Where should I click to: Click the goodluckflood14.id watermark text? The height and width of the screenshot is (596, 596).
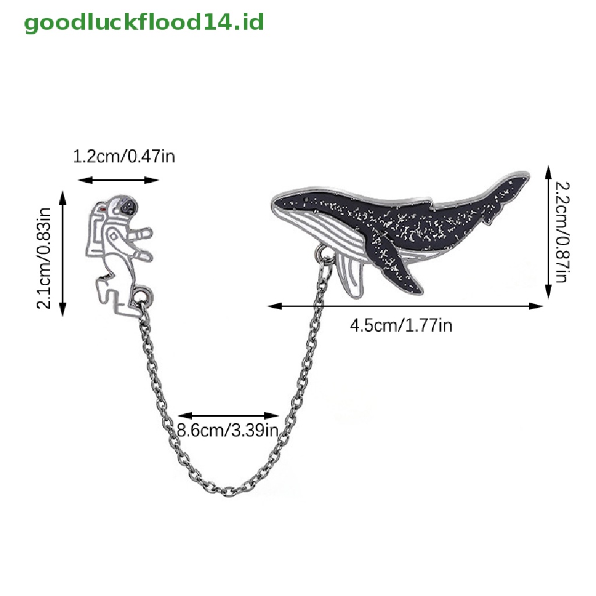144,23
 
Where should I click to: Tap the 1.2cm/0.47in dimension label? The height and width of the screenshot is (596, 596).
123,157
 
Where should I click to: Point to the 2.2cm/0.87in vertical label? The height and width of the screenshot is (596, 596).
560,232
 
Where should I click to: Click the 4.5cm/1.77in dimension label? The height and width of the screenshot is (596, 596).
400,325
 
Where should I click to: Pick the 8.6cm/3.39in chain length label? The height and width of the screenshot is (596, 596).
227,431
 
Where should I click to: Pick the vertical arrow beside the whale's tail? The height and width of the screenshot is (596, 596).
548,232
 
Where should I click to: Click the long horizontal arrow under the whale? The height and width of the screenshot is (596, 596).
406,305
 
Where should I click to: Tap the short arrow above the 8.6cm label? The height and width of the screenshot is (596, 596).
229,416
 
